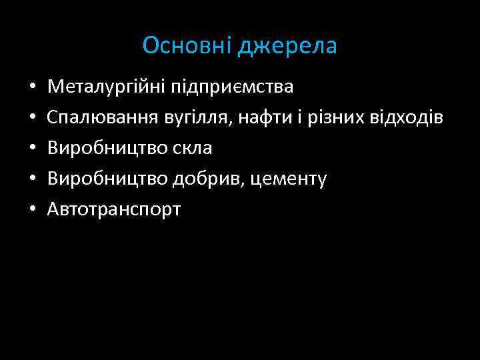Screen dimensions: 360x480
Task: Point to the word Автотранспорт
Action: coord(114,210)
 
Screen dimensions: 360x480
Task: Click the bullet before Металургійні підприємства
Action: coord(32,88)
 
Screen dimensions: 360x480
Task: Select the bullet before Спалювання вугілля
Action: coord(32,119)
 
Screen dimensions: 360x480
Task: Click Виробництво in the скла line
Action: coord(105,149)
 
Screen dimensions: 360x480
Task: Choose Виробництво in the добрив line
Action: coord(105,179)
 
